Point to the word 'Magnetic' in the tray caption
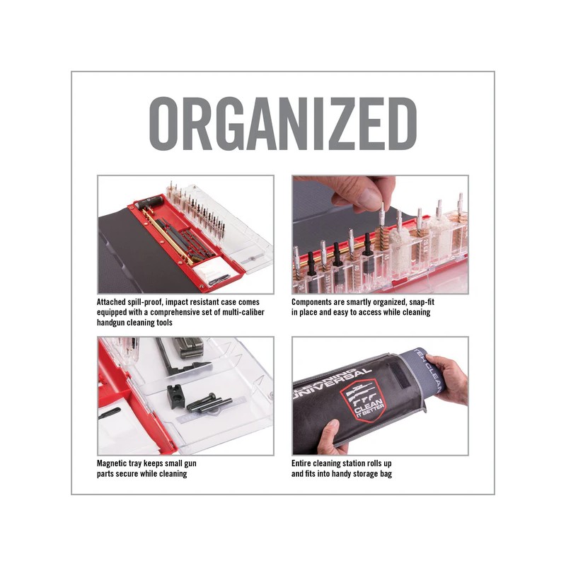[x=111, y=463]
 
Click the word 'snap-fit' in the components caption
[x=422, y=302]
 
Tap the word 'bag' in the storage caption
[x=386, y=473]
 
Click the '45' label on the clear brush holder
[x=386, y=258]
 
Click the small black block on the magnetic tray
[x=176, y=395]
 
